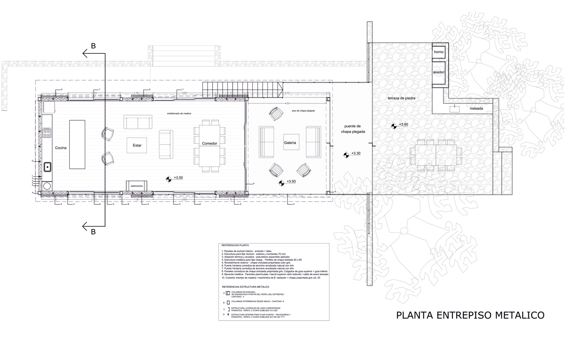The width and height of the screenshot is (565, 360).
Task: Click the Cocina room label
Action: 61,148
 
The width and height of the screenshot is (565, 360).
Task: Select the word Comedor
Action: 210,143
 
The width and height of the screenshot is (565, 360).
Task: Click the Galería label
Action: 290,143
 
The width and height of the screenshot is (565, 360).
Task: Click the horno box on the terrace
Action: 439,51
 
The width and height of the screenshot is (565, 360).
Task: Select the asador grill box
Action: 439,73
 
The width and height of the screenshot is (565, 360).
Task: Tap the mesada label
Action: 478,109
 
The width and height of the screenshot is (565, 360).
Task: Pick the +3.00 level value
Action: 404,124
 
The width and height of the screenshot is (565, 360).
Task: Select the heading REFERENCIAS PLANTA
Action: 235,245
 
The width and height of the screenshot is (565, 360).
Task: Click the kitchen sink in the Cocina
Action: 48,166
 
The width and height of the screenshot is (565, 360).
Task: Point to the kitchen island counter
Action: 77,144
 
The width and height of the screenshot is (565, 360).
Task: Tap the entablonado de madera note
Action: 180,114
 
